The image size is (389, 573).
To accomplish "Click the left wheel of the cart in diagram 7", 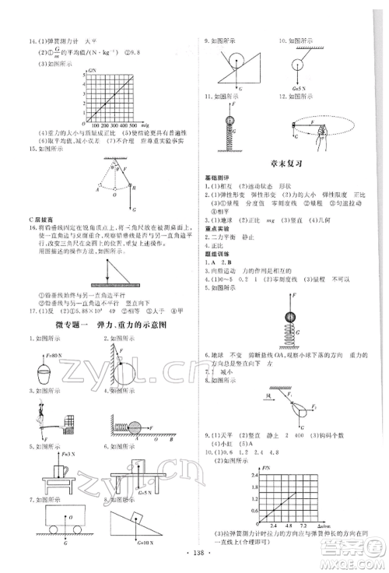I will click(44, 526).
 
